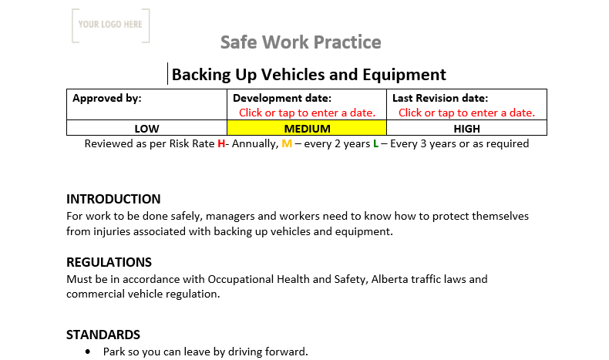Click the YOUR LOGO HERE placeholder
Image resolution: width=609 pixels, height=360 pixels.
110,25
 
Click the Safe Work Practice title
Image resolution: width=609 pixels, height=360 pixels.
301,42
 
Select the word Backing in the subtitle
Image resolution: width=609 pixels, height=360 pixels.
198,75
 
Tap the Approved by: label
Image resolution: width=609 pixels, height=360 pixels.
107,98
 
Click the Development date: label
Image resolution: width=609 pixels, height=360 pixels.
281,98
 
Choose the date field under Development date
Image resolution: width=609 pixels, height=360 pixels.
307,113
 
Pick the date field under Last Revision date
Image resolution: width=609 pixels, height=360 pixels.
466,113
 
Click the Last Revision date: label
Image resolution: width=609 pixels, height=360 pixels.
440,98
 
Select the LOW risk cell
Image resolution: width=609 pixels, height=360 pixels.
146,129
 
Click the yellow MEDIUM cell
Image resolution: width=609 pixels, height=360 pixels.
307,129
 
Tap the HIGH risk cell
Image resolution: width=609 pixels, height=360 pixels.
467,129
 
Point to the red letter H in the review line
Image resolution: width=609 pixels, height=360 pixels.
221,143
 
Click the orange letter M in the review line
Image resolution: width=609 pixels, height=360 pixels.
287,143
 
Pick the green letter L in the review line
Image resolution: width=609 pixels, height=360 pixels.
375,143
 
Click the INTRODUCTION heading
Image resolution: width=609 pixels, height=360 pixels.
113,199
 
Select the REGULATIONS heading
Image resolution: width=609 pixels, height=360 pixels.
109,262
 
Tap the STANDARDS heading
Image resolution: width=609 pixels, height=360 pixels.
103,335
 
